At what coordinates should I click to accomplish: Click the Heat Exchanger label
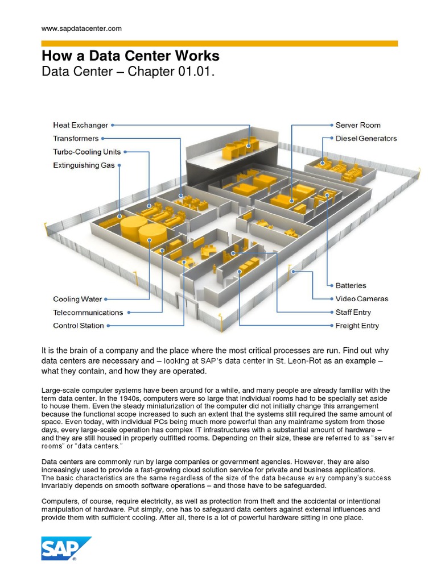[x=80, y=125]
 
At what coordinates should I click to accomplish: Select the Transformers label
[x=76, y=139]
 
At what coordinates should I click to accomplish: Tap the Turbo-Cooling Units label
[x=86, y=152]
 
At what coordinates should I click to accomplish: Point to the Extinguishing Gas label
[x=84, y=165]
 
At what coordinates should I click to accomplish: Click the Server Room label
[x=358, y=125]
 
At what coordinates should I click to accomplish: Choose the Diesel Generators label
[x=366, y=139]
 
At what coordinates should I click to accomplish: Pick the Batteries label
[x=351, y=285]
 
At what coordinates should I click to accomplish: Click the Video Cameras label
[x=362, y=299]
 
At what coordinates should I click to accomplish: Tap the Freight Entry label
[x=357, y=326]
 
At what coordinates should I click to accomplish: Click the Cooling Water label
[x=77, y=299]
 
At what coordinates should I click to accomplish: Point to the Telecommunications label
[x=88, y=313]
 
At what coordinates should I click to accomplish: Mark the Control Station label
[x=79, y=326]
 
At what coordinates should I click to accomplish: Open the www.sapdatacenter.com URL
[x=81, y=28]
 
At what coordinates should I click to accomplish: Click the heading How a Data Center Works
[x=130, y=56]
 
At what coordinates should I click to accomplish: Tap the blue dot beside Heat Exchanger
[x=113, y=125]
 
